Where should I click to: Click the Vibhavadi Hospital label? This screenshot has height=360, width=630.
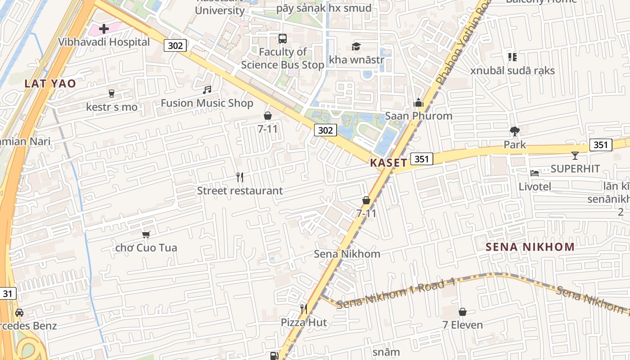[x=104, y=42]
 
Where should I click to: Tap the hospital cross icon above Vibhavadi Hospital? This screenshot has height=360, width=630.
[x=104, y=29]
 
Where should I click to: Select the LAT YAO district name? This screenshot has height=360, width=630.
[x=50, y=83]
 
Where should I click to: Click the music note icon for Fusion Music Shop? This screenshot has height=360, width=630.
[x=207, y=90]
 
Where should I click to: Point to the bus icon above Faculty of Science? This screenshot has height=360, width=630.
[x=283, y=39]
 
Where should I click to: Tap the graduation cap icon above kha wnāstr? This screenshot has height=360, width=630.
[x=356, y=46]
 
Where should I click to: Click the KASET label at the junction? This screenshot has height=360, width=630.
[x=388, y=162]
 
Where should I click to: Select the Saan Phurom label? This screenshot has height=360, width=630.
[x=418, y=116]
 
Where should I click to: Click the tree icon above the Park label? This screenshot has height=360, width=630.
[x=515, y=131]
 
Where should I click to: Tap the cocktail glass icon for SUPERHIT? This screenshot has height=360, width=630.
[x=575, y=156]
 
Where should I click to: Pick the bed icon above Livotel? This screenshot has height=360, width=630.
[x=535, y=173]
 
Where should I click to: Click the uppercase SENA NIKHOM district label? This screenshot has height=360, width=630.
[x=530, y=247]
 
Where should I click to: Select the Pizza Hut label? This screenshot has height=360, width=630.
[x=304, y=322]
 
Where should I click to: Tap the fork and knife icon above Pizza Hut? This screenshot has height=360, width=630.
[x=304, y=309]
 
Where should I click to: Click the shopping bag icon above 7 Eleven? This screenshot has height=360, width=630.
[x=463, y=312]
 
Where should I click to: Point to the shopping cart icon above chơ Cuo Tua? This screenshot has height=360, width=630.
[x=146, y=234]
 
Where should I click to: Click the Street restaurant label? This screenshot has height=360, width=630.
[x=240, y=190]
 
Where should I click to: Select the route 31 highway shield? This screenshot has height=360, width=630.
[x=8, y=294]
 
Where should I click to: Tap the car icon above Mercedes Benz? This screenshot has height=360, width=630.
[x=19, y=312]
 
